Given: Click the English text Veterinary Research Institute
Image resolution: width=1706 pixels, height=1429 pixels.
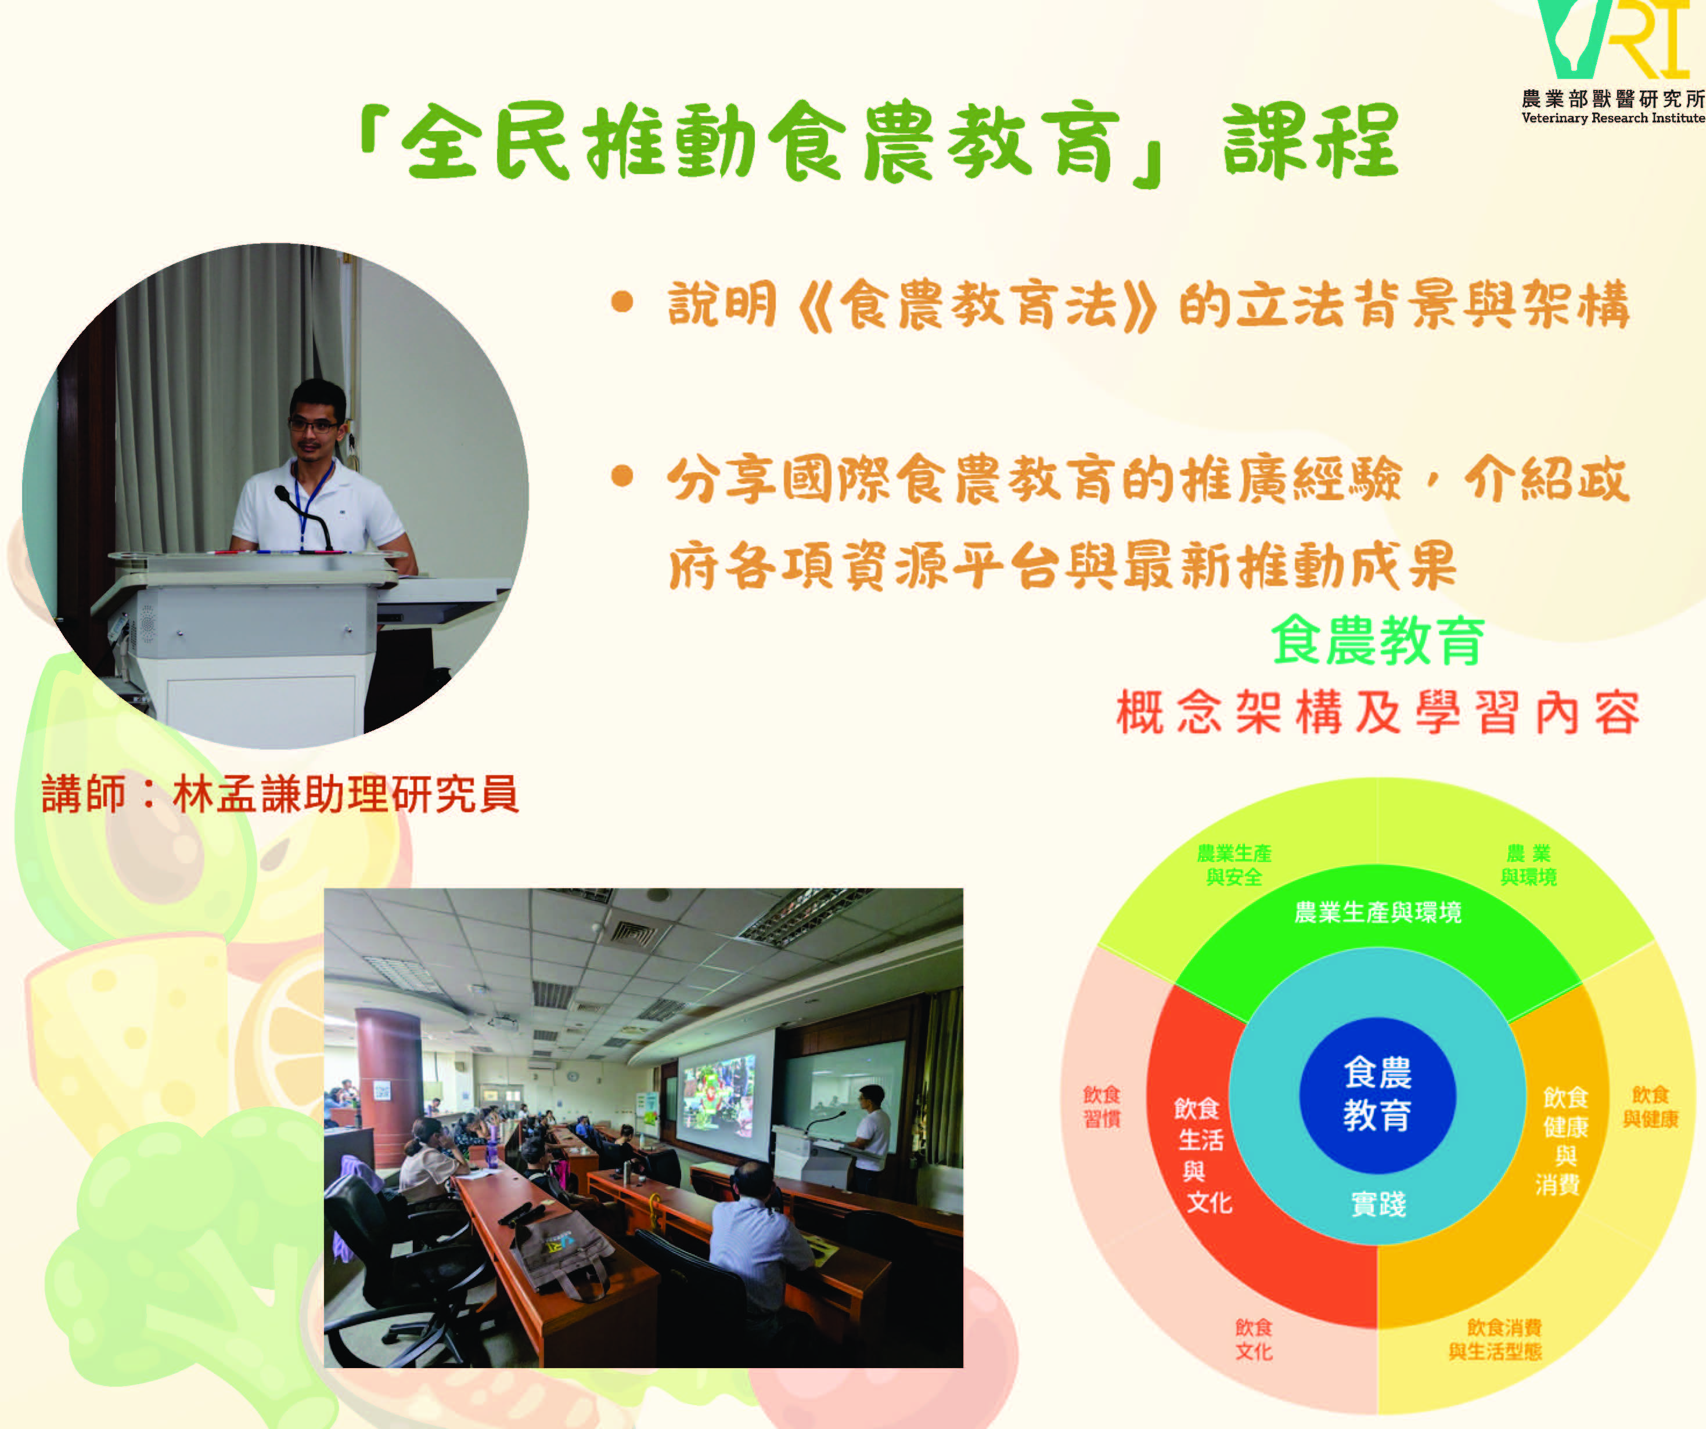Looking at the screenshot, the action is pyautogui.click(x=1613, y=118).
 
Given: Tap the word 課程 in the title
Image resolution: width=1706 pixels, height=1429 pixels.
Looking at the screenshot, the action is pyautogui.click(x=1311, y=142).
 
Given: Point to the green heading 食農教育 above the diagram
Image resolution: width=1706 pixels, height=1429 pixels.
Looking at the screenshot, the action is pyautogui.click(x=1378, y=640).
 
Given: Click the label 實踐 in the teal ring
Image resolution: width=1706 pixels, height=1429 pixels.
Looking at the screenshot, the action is pyautogui.click(x=1379, y=1204).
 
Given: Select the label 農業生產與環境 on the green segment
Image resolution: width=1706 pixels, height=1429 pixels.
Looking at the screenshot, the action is pyautogui.click(x=1378, y=913).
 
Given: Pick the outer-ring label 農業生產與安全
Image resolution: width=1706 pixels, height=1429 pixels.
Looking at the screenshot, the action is pyautogui.click(x=1234, y=864).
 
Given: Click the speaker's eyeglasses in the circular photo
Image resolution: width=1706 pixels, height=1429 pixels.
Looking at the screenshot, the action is pyautogui.click(x=314, y=424).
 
